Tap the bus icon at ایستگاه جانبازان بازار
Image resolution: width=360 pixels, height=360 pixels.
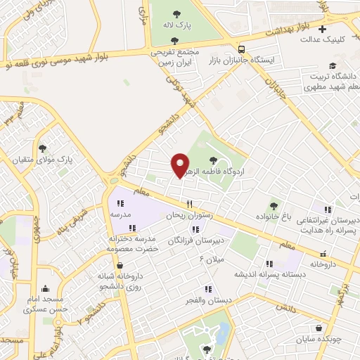(242, 49)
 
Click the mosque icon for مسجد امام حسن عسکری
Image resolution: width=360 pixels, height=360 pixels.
(46, 288)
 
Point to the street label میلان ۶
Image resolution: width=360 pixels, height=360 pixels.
(212, 260)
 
